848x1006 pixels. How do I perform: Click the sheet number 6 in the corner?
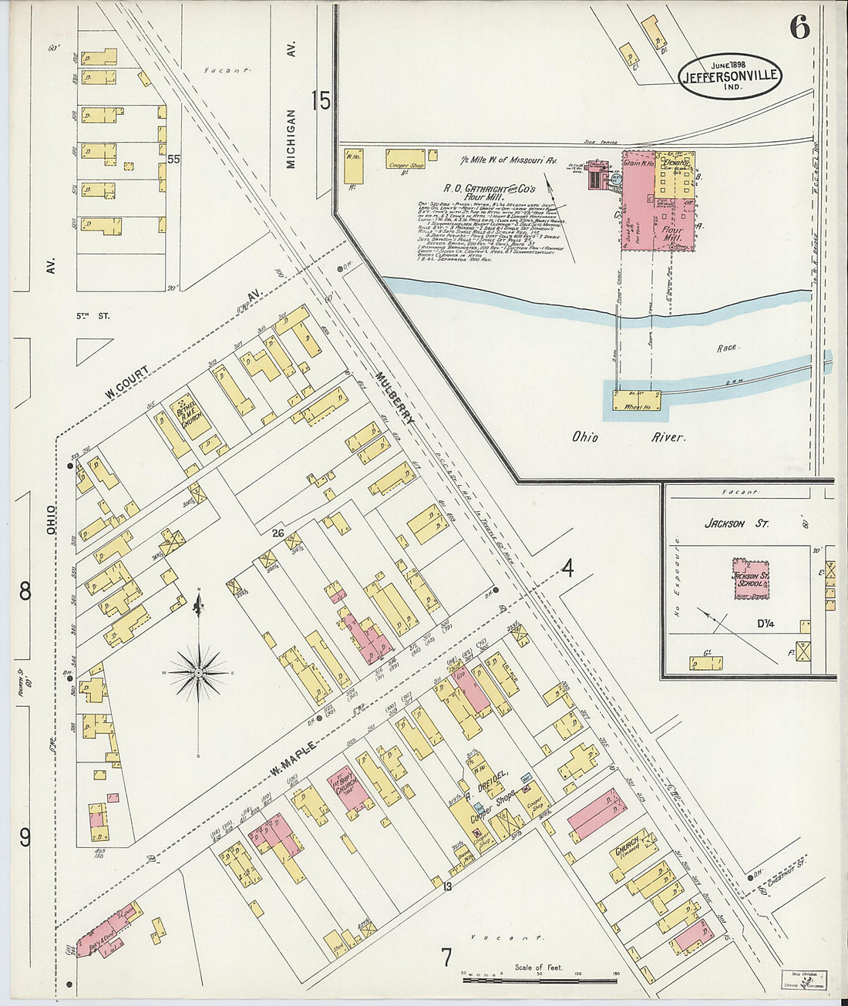click(799, 28)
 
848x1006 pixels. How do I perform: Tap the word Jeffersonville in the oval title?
click(729, 76)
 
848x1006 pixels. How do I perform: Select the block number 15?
click(321, 100)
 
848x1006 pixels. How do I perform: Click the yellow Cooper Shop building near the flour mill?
click(405, 159)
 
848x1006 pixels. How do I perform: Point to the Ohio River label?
click(628, 437)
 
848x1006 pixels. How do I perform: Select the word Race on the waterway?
click(728, 348)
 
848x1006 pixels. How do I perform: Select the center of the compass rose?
click(199, 673)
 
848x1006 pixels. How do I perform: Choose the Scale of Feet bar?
click(540, 980)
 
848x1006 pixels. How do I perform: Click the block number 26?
click(279, 533)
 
